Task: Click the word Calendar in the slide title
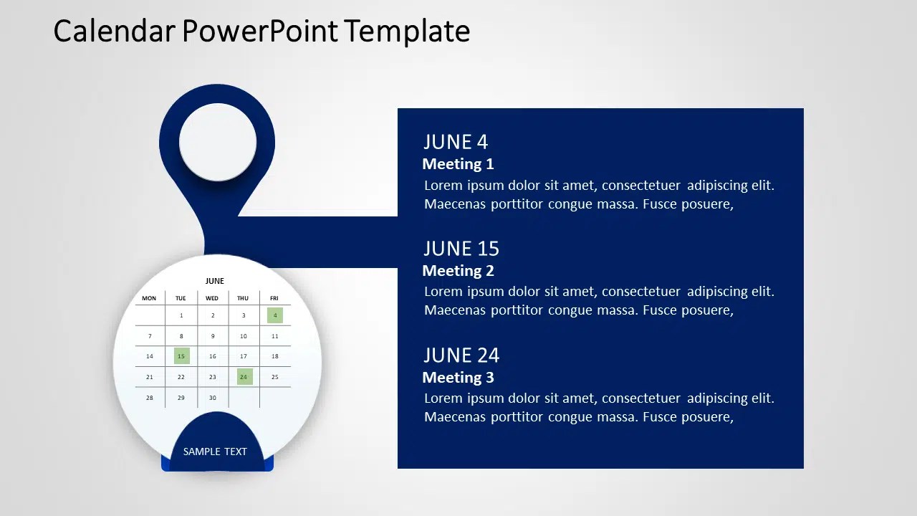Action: tap(114, 31)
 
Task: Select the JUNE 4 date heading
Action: tap(456, 142)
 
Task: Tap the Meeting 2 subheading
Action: tap(458, 271)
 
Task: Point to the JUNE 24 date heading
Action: tap(461, 355)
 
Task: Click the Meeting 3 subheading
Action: tap(458, 377)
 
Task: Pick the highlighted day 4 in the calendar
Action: tap(275, 315)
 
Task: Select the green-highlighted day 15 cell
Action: tap(181, 356)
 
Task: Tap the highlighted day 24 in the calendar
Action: tap(244, 377)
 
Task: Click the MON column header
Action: tap(149, 298)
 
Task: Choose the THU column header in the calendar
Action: tap(243, 298)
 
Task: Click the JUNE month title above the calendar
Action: tap(214, 281)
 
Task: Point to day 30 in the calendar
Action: tap(213, 398)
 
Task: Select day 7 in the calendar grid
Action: tap(150, 336)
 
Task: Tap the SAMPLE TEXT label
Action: tap(215, 451)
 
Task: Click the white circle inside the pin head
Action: tap(218, 142)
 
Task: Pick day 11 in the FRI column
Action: tap(274, 336)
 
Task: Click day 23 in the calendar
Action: tap(213, 377)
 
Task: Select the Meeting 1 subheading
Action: tap(458, 164)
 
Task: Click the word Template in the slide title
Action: tap(407, 31)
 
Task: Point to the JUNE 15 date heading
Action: tap(461, 249)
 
